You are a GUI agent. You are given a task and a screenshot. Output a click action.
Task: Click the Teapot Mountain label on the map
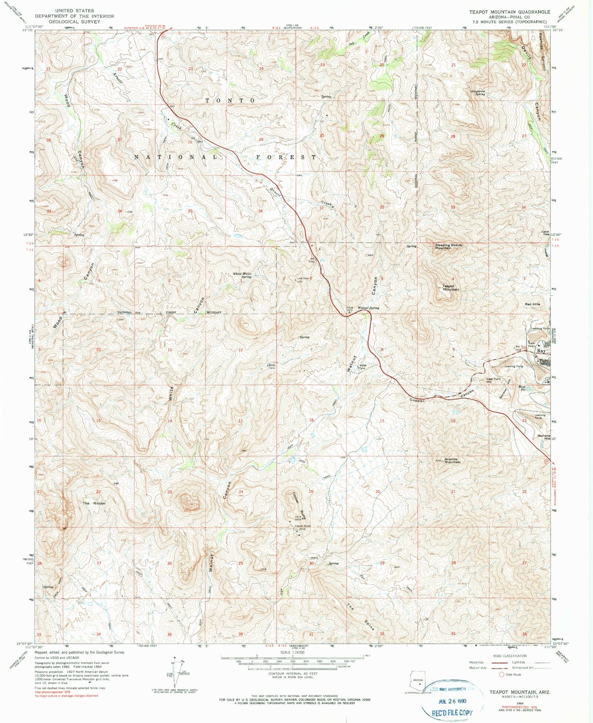click(x=451, y=288)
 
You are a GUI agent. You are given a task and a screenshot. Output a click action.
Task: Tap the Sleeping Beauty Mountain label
click(x=449, y=246)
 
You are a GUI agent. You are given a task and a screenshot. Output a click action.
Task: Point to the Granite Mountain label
click(x=452, y=461)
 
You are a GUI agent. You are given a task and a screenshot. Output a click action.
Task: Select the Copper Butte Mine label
click(x=303, y=527)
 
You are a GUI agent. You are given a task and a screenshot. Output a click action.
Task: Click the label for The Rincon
click(x=94, y=503)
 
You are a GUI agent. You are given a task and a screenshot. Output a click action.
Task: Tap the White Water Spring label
click(x=242, y=275)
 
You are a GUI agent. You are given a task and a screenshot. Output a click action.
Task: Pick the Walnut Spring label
click(x=368, y=308)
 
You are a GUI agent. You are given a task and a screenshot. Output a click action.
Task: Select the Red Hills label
click(x=533, y=304)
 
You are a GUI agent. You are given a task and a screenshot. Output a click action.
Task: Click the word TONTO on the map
click(x=230, y=101)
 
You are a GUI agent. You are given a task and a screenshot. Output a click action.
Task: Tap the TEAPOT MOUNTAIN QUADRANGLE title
click(x=509, y=12)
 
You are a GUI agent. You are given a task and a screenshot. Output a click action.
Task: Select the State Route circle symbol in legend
click(x=501, y=674)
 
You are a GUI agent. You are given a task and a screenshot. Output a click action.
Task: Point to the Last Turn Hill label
click(x=493, y=380)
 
